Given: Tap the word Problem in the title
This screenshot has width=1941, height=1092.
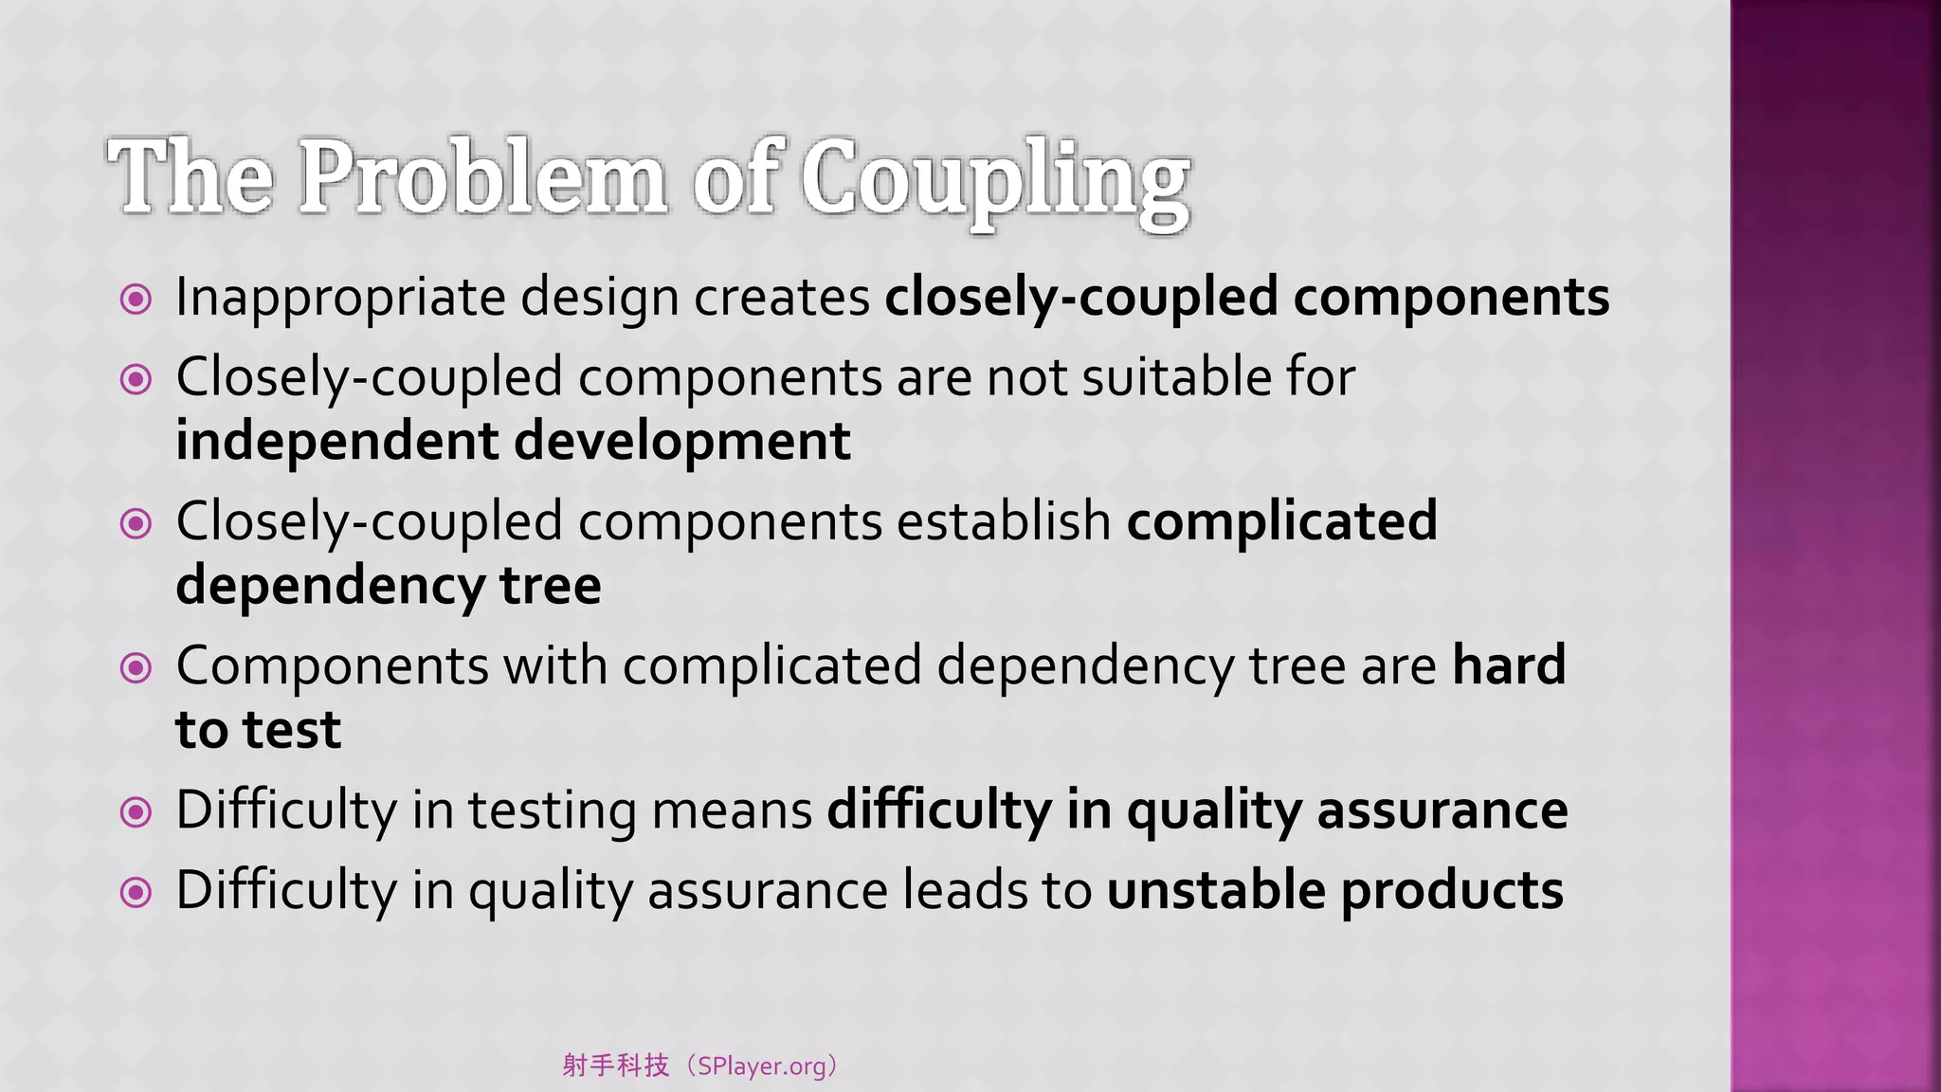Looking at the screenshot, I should coord(483,178).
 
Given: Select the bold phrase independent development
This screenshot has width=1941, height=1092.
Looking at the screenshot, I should coord(513,442).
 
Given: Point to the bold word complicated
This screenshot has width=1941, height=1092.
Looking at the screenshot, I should coord(1281,521).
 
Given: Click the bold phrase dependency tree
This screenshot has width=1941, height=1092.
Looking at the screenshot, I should coord(389,586).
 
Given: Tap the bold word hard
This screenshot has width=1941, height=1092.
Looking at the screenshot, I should coord(1509,665).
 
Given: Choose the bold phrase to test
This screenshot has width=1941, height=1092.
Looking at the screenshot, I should coord(258,730).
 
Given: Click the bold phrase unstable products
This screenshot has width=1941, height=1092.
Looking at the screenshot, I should coord(1334,891).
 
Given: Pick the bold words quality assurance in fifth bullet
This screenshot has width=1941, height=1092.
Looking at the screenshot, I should coord(1347,811).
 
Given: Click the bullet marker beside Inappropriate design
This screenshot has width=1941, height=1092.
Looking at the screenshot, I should coord(136,300).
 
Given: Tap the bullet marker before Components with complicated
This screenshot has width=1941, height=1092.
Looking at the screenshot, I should coord(136,668).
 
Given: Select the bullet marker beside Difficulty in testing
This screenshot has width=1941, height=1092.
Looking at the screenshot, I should coord(136,812).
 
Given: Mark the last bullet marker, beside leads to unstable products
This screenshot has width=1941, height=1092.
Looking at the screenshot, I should coord(136,892).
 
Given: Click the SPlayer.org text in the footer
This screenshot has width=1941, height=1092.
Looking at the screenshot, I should coord(761,1066).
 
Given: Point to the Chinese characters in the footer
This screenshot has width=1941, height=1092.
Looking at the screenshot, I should coord(616,1066).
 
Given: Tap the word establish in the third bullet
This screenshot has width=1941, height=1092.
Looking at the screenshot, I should coord(1004,521).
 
